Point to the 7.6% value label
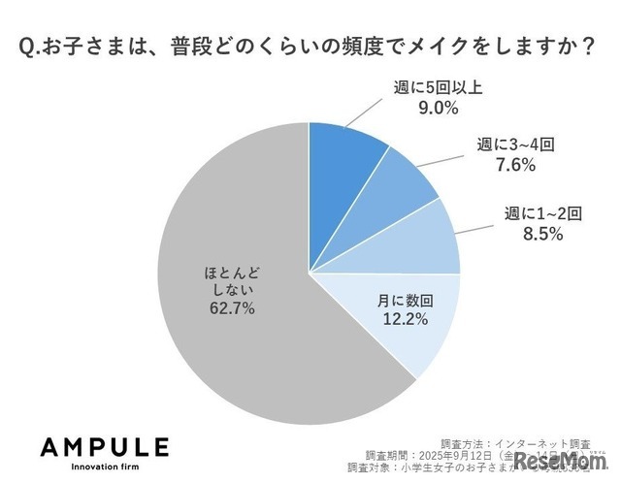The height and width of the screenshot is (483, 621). (516, 165)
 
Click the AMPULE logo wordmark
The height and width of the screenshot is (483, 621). (105, 447)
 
